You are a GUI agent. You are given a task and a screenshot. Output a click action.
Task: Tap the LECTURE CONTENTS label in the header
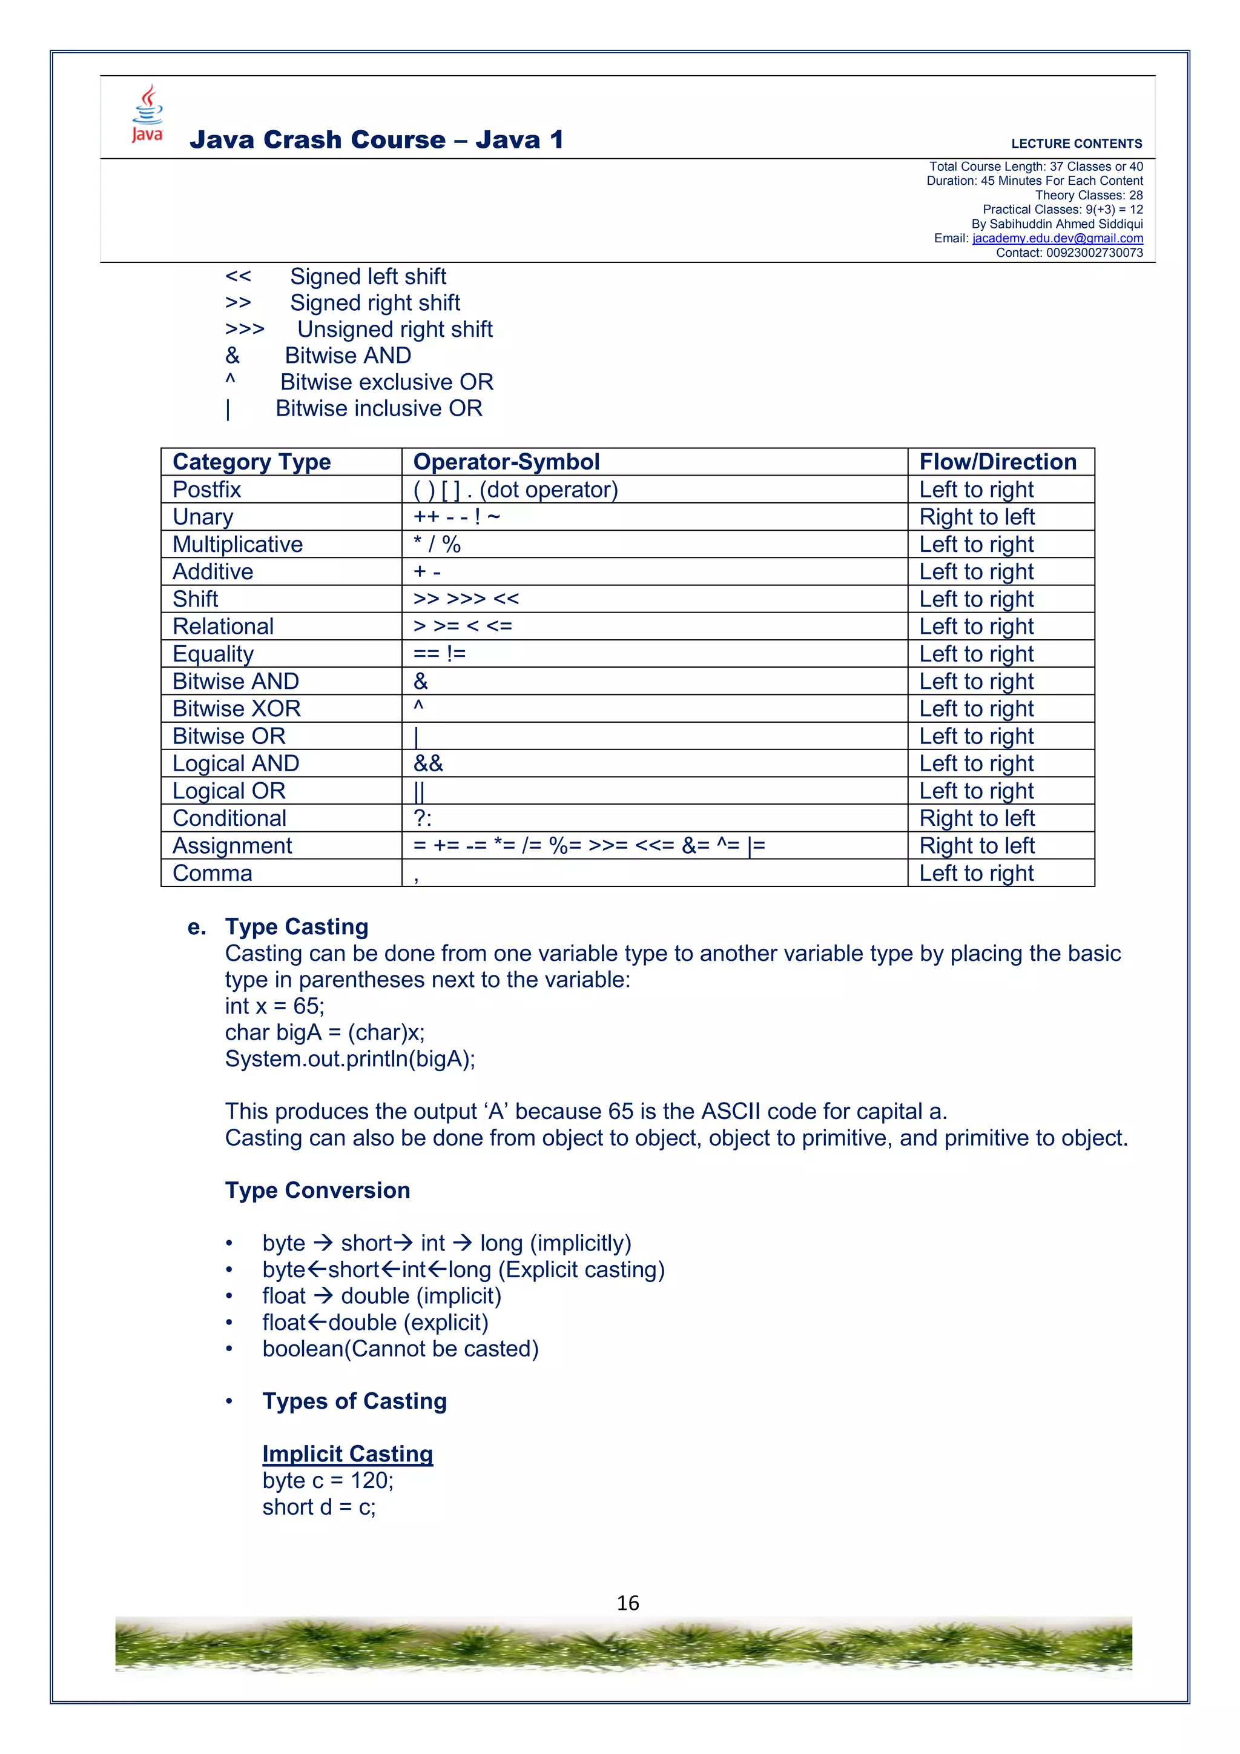coord(1076,144)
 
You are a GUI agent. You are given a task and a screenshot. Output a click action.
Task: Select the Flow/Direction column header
coord(997,462)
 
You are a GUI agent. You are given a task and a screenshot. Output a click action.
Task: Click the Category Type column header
coord(251,462)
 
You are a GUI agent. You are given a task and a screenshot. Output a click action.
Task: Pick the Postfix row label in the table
coord(207,490)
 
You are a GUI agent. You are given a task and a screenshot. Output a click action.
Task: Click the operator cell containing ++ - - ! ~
coord(457,517)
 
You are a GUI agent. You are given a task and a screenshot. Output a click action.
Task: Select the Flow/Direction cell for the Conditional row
coord(977,818)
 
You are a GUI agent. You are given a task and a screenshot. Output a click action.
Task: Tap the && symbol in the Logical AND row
coord(427,763)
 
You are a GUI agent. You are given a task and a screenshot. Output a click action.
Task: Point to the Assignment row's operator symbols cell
coord(589,846)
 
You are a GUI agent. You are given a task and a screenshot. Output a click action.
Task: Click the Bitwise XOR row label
coord(237,709)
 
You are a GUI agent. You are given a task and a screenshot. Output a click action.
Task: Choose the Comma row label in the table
coord(213,873)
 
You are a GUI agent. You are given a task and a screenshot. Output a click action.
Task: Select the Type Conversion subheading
coord(318,1190)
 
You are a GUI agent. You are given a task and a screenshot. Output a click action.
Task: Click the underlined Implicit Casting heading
coord(348,1453)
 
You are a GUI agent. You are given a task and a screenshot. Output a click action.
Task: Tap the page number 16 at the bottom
coord(628,1603)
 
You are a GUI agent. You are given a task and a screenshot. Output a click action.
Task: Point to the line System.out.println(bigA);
coord(350,1059)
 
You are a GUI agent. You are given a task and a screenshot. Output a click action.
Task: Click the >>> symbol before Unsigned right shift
coord(245,329)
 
